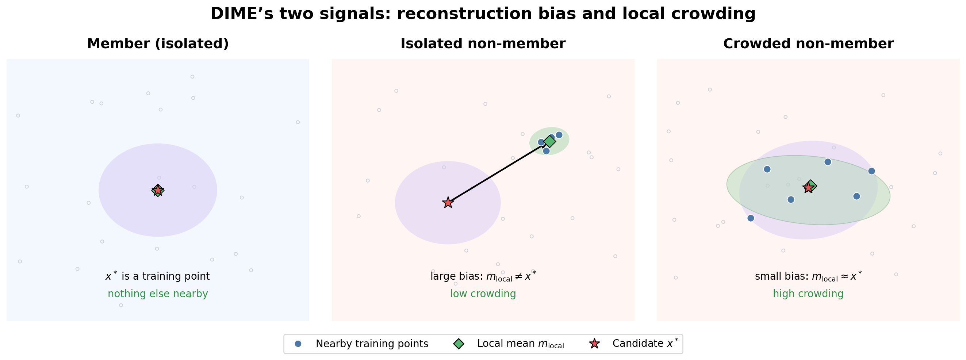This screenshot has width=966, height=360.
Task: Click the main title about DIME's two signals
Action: pos(483,14)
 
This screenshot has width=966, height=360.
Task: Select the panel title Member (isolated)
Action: pos(158,44)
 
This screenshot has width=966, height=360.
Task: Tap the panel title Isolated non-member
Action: pos(483,44)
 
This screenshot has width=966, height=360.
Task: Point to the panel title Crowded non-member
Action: pos(808,44)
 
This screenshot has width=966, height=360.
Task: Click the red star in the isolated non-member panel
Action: pos(448,203)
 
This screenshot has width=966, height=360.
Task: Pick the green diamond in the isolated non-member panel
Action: pos(549,141)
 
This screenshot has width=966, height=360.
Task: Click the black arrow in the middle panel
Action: pos(498,173)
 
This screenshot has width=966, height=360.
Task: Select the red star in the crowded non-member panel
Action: pos(809,188)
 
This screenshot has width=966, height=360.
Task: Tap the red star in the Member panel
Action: pos(158,191)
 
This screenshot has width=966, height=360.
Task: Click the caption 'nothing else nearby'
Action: pos(158,294)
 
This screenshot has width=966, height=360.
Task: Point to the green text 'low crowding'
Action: pos(483,294)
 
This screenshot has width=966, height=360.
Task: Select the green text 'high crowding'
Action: pos(808,294)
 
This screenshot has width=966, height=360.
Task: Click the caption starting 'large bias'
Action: pos(483,276)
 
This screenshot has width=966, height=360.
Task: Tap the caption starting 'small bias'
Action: pos(808,276)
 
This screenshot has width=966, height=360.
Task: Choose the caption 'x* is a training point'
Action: pos(157,276)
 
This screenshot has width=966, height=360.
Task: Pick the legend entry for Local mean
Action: pos(509,344)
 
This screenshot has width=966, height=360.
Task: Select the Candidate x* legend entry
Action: pos(634,344)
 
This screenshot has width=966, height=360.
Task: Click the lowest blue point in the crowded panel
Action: pos(750,218)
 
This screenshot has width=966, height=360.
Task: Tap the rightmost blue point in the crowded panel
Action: pos(871,171)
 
